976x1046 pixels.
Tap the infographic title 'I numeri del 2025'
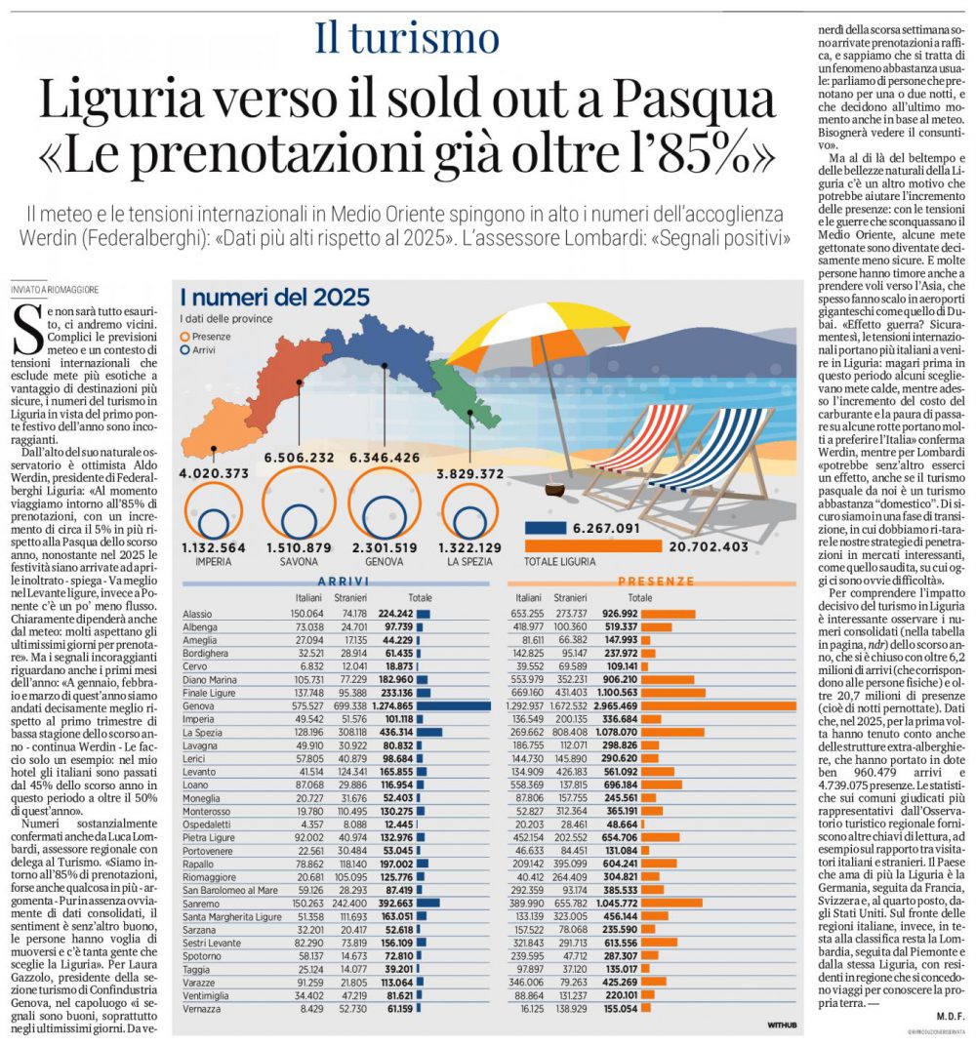click(275, 297)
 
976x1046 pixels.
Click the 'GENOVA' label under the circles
click(385, 562)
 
